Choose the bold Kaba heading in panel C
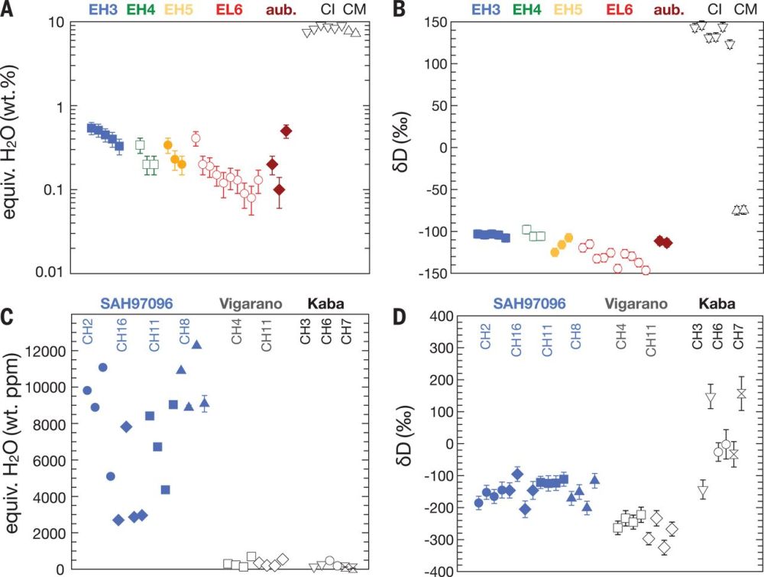(327, 303)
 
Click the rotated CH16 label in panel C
(121, 335)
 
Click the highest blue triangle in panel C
(196, 345)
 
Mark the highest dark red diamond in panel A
(286, 131)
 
